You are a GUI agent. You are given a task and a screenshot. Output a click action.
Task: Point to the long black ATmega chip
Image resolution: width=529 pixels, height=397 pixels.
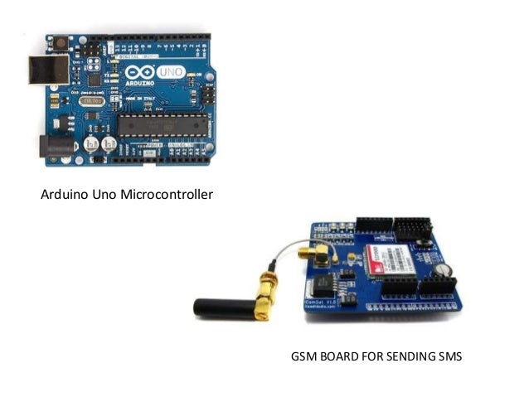158,125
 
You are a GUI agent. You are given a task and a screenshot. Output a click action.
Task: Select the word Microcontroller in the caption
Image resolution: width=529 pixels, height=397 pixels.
164,196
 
